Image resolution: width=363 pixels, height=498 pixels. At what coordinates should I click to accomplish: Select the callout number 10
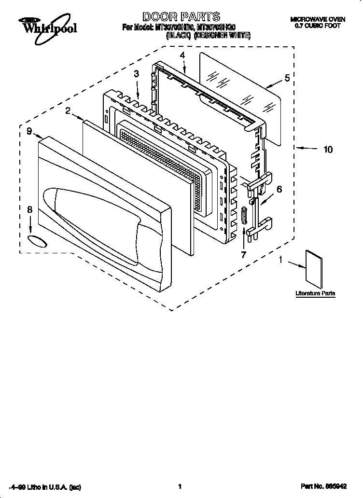328,149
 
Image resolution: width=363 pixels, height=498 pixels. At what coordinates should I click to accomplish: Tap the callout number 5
287,78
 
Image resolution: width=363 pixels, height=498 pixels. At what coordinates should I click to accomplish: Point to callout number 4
182,55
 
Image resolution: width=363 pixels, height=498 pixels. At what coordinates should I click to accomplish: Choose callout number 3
137,73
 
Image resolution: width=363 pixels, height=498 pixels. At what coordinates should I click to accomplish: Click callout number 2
68,111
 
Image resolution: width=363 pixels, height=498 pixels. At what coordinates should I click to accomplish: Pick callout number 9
29,130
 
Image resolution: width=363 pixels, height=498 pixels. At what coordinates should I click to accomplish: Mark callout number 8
29,209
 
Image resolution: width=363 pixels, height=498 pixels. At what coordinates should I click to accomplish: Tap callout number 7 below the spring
243,254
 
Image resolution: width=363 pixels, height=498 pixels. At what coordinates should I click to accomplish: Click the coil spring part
244,215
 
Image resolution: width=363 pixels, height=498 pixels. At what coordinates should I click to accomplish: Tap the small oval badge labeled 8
38,241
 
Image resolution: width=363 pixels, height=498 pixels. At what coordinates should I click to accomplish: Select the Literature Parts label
315,293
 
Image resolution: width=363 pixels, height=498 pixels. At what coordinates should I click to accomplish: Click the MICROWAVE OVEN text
317,19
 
